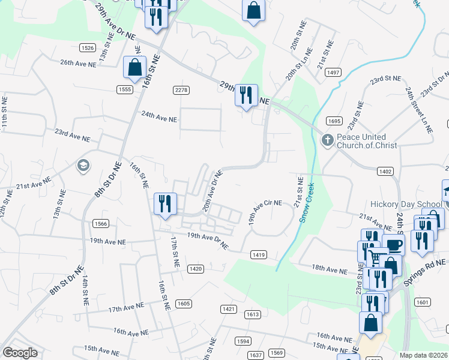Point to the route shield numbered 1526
coord(87,47)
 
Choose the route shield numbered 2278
coord(181,90)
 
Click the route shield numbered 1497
coord(333,73)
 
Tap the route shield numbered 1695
coord(335,121)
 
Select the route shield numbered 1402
coord(385,172)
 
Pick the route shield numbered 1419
coord(259,255)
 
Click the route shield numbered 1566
coord(101,224)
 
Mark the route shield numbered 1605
coord(184,304)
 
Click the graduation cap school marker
coord(83,165)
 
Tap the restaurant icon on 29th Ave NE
coord(246,95)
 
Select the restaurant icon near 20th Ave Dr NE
coord(164,203)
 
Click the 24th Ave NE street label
coord(159,119)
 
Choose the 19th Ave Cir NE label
coord(265,212)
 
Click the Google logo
coord(20,353)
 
